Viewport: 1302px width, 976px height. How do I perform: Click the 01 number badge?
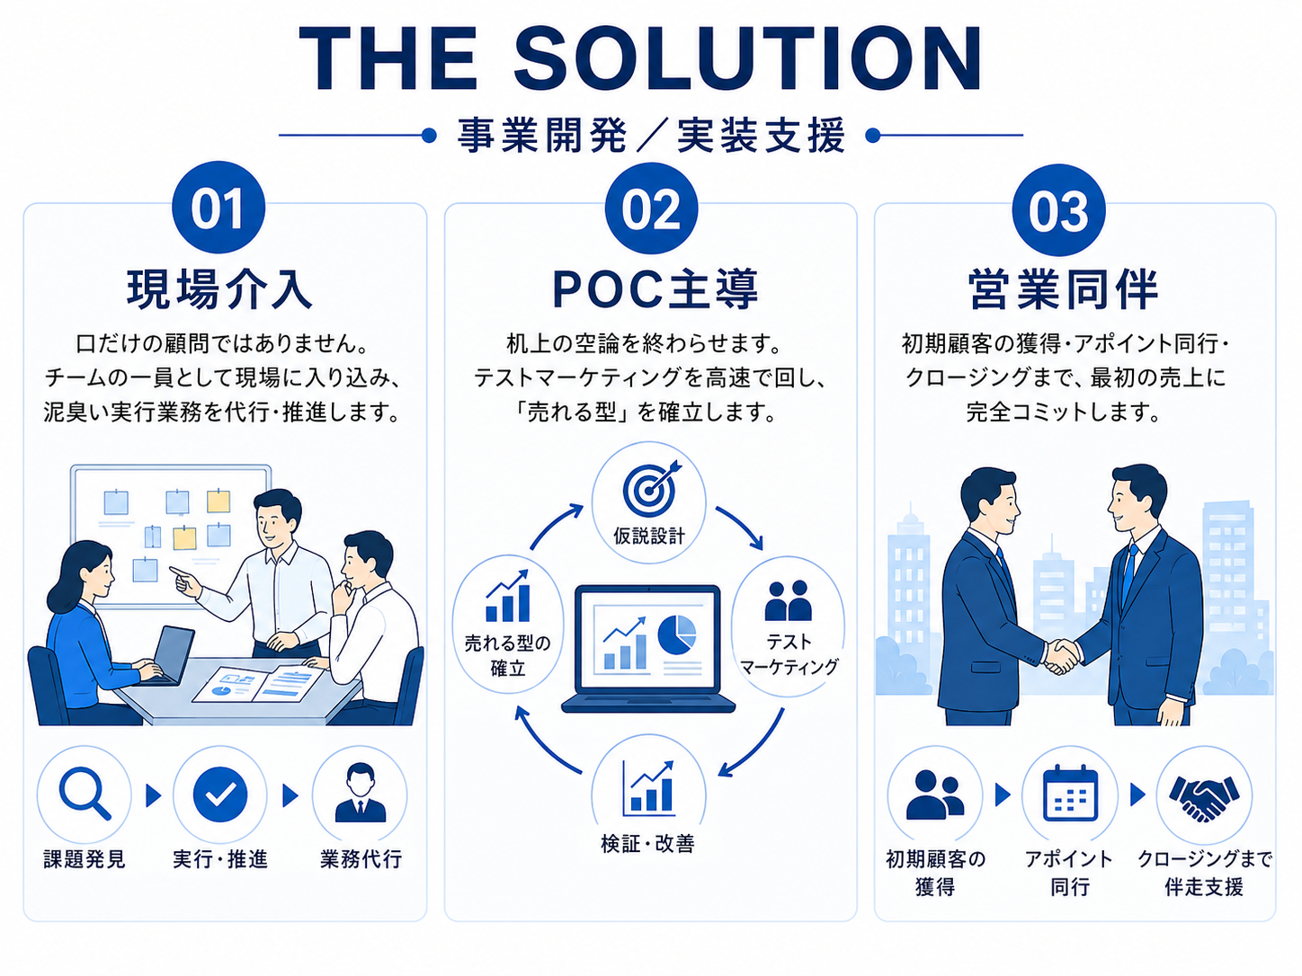[x=218, y=209]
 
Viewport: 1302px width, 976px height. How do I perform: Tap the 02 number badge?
[x=651, y=209]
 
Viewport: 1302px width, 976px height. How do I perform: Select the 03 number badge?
[x=1058, y=211]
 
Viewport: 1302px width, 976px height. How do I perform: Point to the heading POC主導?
[x=655, y=289]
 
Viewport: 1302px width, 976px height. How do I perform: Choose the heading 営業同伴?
[x=1064, y=289]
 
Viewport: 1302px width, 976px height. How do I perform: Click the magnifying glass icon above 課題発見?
[x=84, y=794]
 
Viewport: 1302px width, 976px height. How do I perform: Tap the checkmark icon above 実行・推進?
[x=220, y=794]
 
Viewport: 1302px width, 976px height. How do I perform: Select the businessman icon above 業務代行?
[x=360, y=794]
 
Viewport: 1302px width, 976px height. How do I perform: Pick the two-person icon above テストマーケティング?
[x=788, y=601]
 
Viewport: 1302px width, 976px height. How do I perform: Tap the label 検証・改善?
[x=648, y=844]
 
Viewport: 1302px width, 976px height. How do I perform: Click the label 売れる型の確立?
[x=508, y=655]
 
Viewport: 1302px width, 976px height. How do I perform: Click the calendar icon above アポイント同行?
[x=1070, y=794]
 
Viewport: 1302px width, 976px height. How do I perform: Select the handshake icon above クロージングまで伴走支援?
[x=1204, y=794]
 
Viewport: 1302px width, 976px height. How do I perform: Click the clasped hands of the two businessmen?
[x=1062, y=655]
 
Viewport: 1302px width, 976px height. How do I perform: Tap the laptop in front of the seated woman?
[x=174, y=654]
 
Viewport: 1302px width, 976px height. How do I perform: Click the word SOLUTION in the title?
[x=747, y=59]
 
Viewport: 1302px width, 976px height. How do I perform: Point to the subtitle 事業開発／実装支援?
[x=651, y=137]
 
